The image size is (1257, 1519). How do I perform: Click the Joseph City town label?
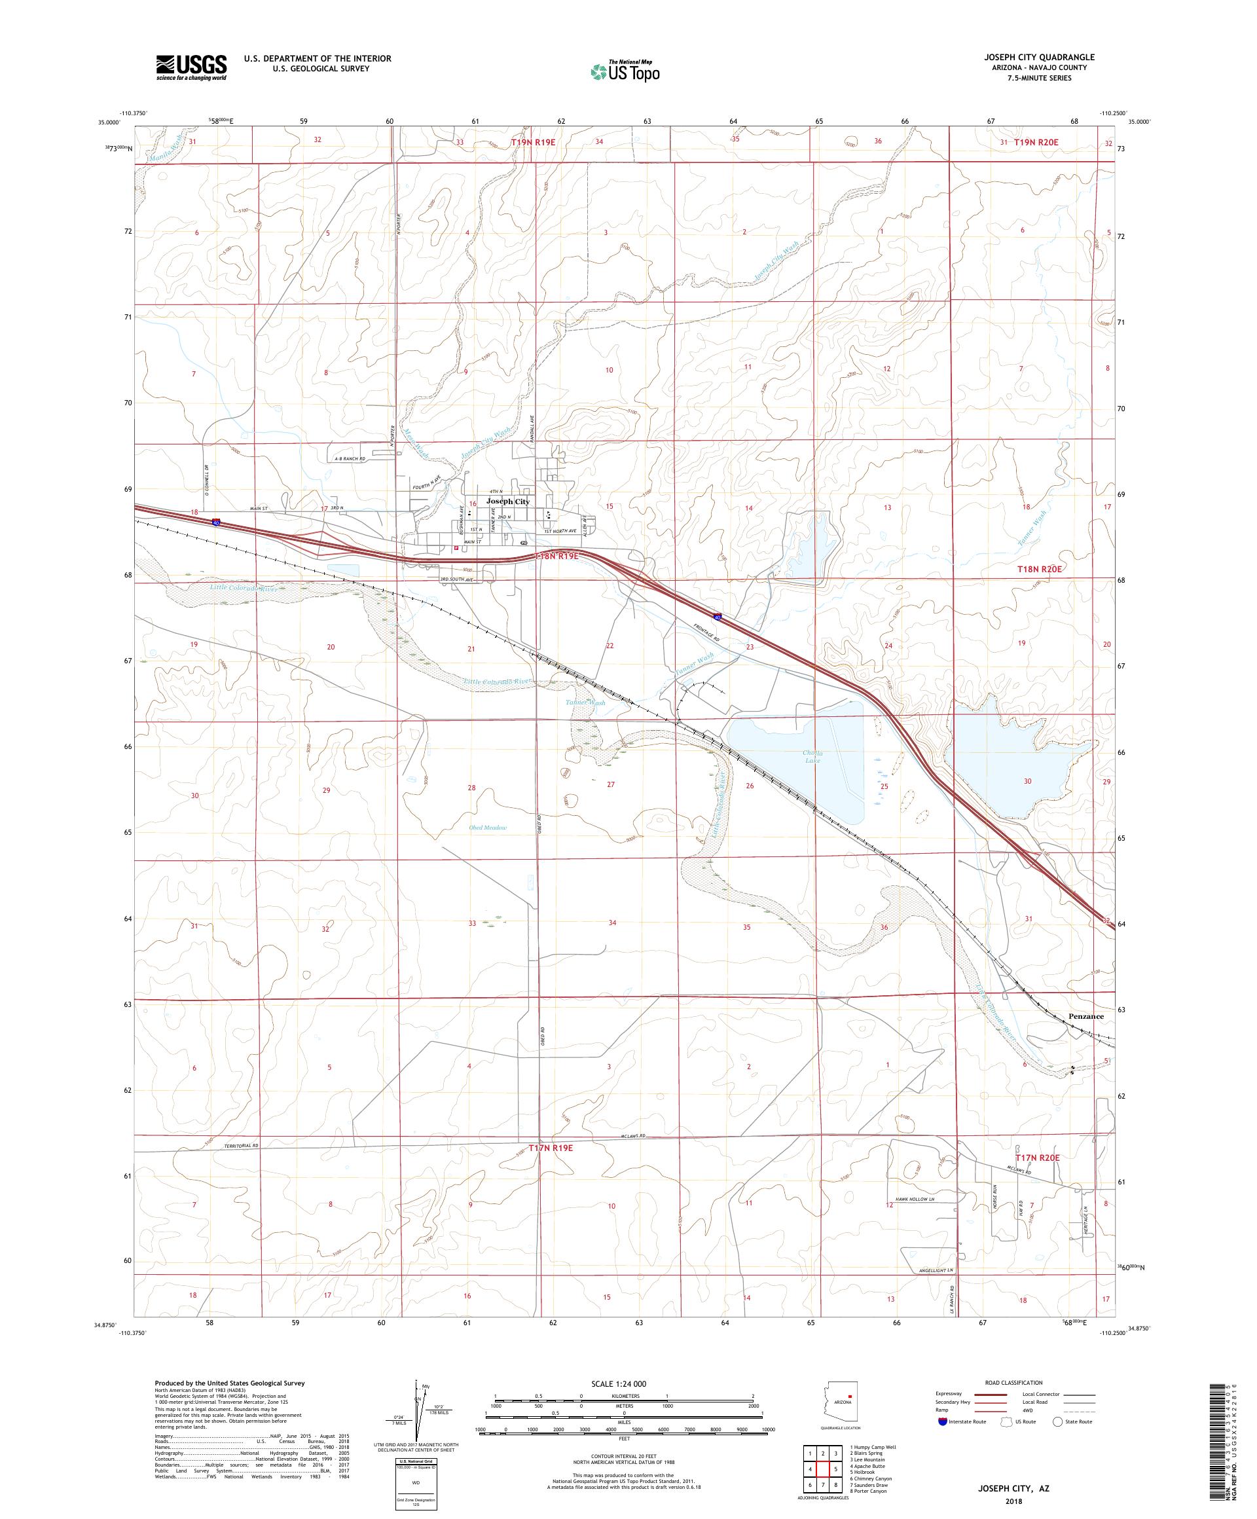click(x=508, y=500)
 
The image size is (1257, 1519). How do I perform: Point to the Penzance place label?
click(x=1085, y=1016)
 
